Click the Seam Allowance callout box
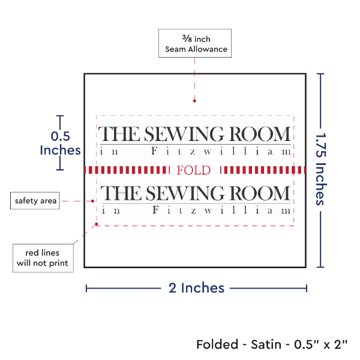click(x=193, y=43)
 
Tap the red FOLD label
click(x=194, y=170)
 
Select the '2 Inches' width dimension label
click(x=197, y=288)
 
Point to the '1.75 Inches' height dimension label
click(x=321, y=170)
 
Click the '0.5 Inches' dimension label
click(x=59, y=143)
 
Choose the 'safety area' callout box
click(x=35, y=200)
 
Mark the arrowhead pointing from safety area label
click(x=93, y=200)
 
